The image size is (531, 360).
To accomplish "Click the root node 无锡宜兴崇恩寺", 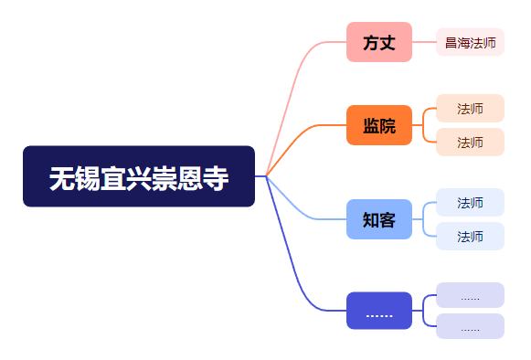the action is [139, 176].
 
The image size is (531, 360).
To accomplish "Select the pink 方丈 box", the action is [379, 42].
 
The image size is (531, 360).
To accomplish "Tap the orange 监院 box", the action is [379, 125].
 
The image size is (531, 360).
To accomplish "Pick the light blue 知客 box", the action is [379, 219].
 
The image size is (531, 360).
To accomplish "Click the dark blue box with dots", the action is [379, 311].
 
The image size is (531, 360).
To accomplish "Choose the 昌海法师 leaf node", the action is [470, 42].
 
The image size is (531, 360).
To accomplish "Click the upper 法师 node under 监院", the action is [470, 109].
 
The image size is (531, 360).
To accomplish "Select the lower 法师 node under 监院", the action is [470, 142].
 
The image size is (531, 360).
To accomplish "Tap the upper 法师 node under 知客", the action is [470, 203].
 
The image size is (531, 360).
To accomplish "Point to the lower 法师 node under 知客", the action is [470, 236].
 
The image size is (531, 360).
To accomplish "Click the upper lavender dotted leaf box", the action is [470, 295].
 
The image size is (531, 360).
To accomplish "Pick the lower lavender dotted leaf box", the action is [470, 326].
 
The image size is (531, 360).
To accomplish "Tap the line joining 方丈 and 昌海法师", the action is [424, 42].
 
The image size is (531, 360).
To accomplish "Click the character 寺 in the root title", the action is [216, 178].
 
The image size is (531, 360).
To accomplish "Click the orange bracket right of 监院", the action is [423, 125].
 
